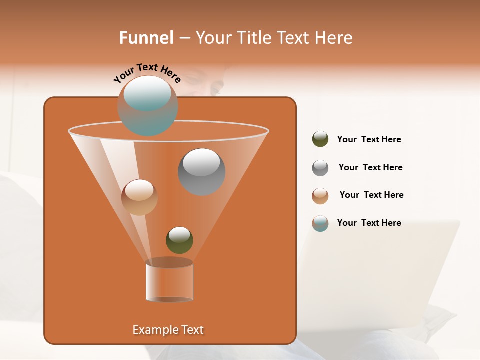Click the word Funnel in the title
[x=146, y=38]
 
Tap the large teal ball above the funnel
[x=147, y=105]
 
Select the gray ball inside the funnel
[x=201, y=171]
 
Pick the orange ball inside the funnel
[x=139, y=197]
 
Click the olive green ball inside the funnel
[x=179, y=240]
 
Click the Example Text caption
[x=168, y=330]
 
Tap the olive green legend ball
[x=320, y=139]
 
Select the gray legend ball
[x=320, y=168]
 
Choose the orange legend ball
[x=320, y=196]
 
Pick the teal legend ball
[x=320, y=223]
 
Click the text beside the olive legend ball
[x=369, y=139]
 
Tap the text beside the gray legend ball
[x=370, y=167]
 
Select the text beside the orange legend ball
[x=371, y=195]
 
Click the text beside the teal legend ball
[x=369, y=223]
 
